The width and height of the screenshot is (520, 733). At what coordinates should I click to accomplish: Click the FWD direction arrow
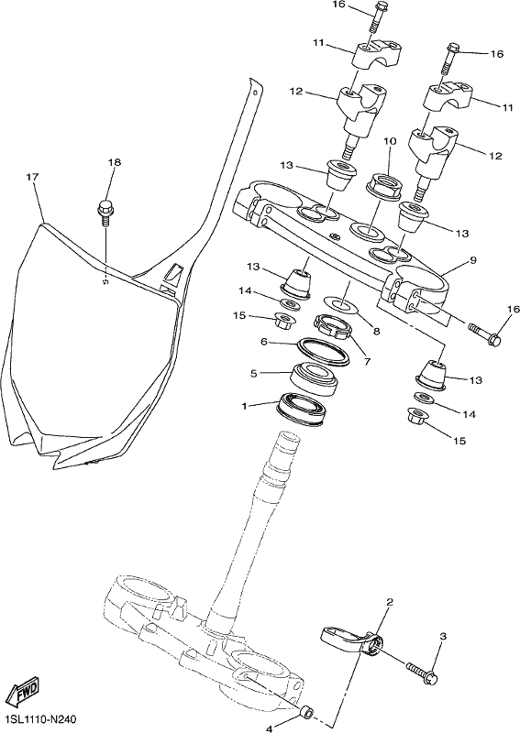[x=23, y=691]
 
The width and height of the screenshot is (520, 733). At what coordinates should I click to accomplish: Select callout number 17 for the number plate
[x=33, y=177]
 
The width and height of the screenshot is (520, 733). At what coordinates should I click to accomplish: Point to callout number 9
[x=473, y=259]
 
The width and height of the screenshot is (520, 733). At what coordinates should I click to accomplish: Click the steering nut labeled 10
[x=383, y=186]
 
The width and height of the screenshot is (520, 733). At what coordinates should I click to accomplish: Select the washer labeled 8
[x=343, y=303]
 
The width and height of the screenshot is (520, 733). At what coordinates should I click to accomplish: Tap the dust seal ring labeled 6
[x=324, y=351]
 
